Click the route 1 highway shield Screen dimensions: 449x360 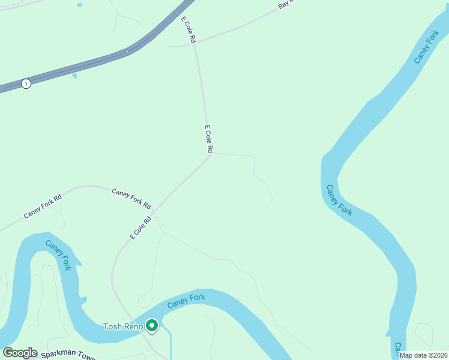(26, 84)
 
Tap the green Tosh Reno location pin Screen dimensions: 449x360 (152, 326)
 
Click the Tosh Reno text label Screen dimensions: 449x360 (122, 327)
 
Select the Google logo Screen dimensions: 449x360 (20, 353)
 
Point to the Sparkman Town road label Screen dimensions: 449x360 (68, 355)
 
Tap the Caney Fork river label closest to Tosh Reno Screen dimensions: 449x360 (186, 301)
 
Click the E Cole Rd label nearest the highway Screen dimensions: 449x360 (189, 29)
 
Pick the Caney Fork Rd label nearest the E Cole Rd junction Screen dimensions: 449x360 (131, 197)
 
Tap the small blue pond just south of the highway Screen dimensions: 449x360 (74, 76)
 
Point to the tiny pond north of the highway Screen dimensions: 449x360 (79, 5)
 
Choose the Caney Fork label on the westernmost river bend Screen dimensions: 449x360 (58, 255)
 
